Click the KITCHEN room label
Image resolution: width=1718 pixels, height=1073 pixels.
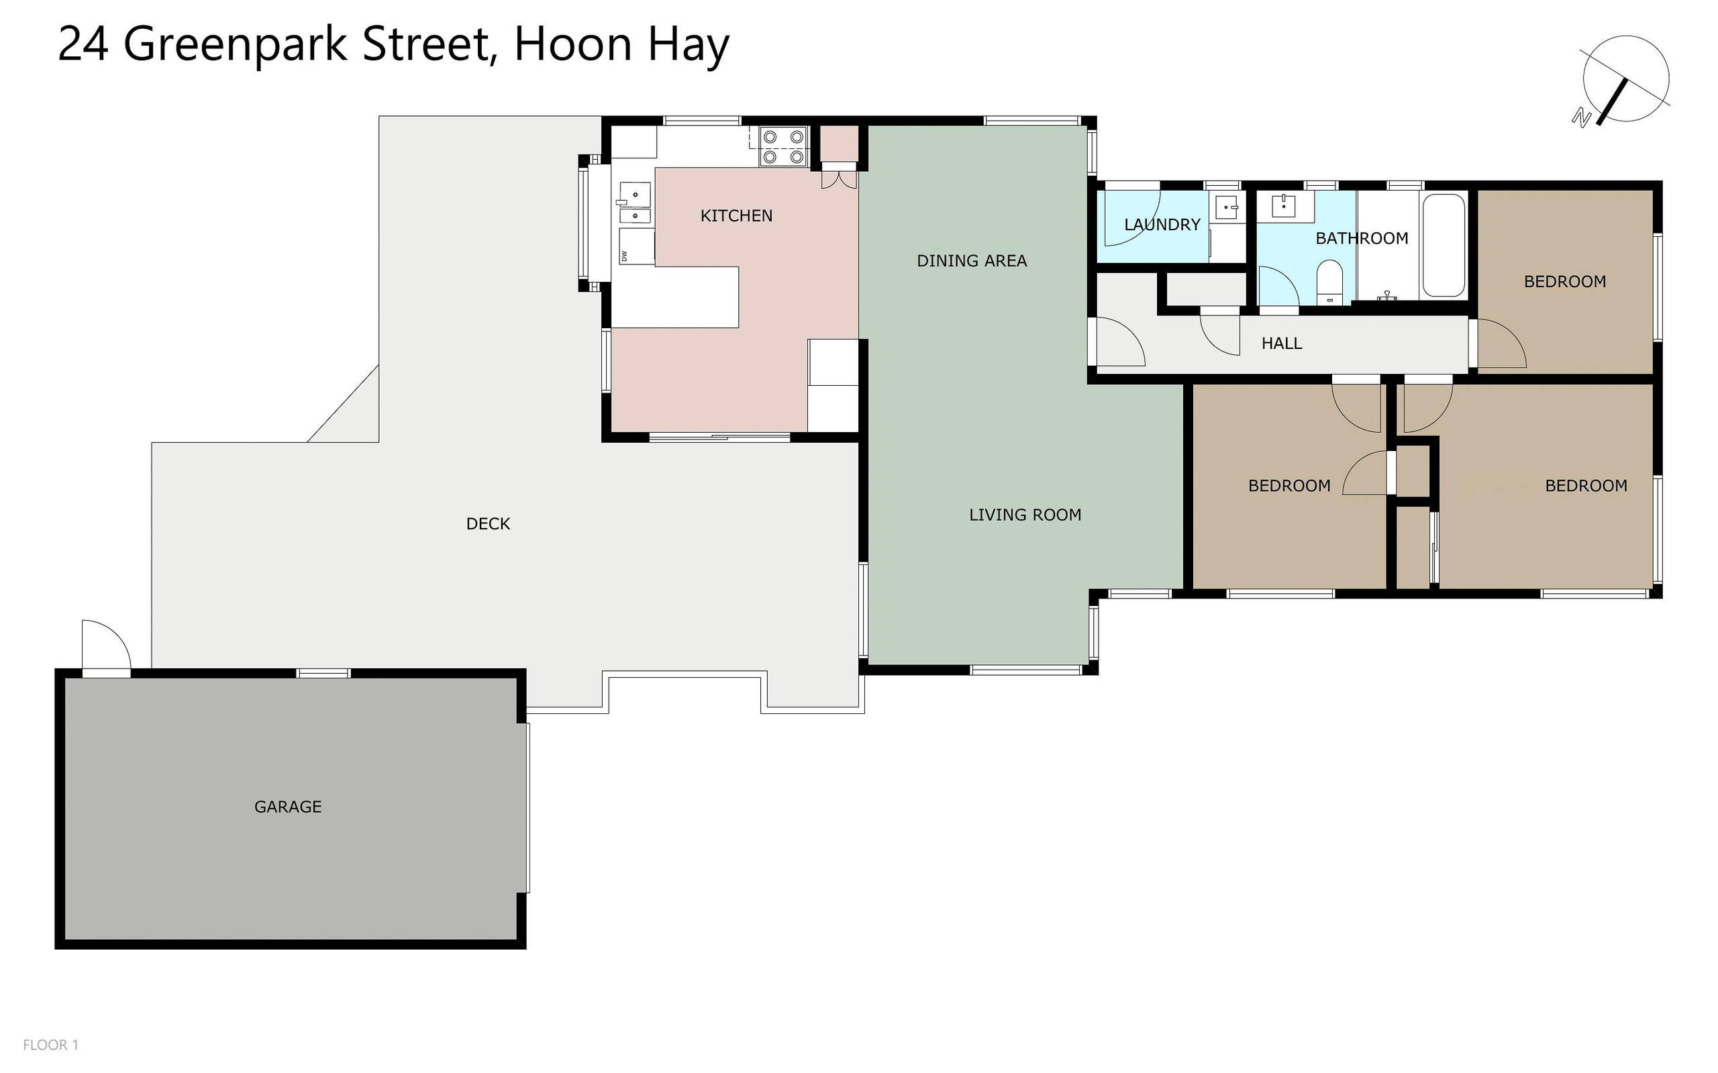[x=736, y=215]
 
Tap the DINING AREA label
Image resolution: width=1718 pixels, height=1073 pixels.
[x=972, y=261]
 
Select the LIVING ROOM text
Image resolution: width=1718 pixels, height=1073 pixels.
[x=1025, y=515]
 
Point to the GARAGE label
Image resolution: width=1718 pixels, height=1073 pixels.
[x=287, y=807]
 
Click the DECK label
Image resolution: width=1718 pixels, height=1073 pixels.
[x=489, y=523]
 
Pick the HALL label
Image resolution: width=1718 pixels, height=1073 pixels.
[x=1282, y=344]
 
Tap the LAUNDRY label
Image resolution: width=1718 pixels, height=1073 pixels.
[x=1162, y=225]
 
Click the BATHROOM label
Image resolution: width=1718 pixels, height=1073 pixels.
[x=1362, y=238]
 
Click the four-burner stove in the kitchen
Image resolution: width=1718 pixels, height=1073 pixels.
[x=783, y=146]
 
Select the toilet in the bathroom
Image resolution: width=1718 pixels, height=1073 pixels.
[x=1329, y=283]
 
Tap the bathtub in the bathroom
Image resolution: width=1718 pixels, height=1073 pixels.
[x=1444, y=246]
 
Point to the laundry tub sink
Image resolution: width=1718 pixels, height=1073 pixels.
[x=1227, y=207]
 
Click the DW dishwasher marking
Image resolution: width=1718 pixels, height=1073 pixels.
[x=625, y=256]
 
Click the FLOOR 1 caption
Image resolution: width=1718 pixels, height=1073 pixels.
[x=51, y=1045]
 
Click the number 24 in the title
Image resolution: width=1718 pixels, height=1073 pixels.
[x=83, y=44]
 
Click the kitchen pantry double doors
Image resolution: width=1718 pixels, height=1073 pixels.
[x=839, y=176]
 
